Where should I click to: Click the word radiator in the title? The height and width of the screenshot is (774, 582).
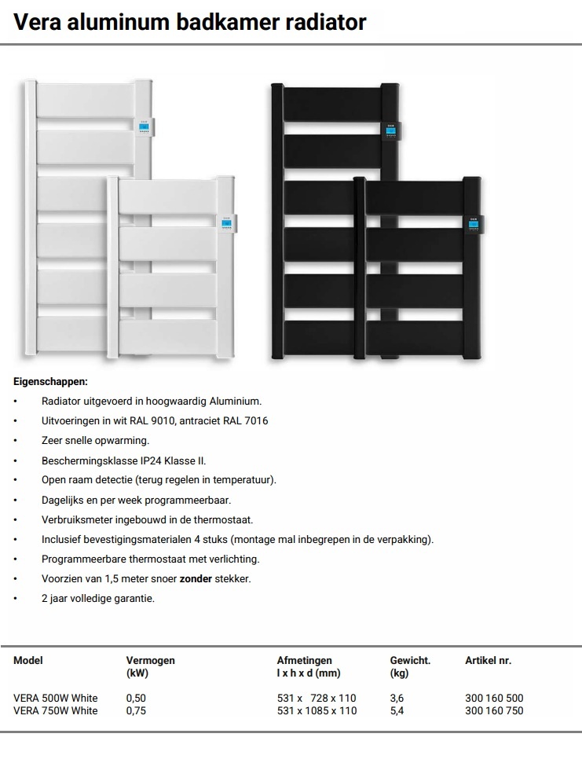click(324, 22)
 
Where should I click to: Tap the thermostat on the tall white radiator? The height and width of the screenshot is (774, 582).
click(145, 127)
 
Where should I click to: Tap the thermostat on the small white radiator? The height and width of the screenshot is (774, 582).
click(228, 224)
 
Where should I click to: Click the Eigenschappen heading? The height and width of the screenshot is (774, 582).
click(50, 382)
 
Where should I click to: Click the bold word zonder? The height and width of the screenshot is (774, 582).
click(196, 578)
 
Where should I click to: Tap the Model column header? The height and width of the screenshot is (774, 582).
click(28, 661)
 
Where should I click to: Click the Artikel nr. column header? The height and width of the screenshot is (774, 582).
click(489, 661)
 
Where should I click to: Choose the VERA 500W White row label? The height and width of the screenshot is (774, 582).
click(55, 698)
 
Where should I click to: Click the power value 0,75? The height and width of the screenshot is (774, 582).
click(136, 711)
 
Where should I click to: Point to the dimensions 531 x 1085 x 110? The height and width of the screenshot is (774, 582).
click(317, 711)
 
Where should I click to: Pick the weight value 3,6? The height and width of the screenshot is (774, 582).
click(397, 698)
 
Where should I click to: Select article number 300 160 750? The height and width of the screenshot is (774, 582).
click(494, 711)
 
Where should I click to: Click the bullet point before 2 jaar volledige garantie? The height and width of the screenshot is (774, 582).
click(15, 599)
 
